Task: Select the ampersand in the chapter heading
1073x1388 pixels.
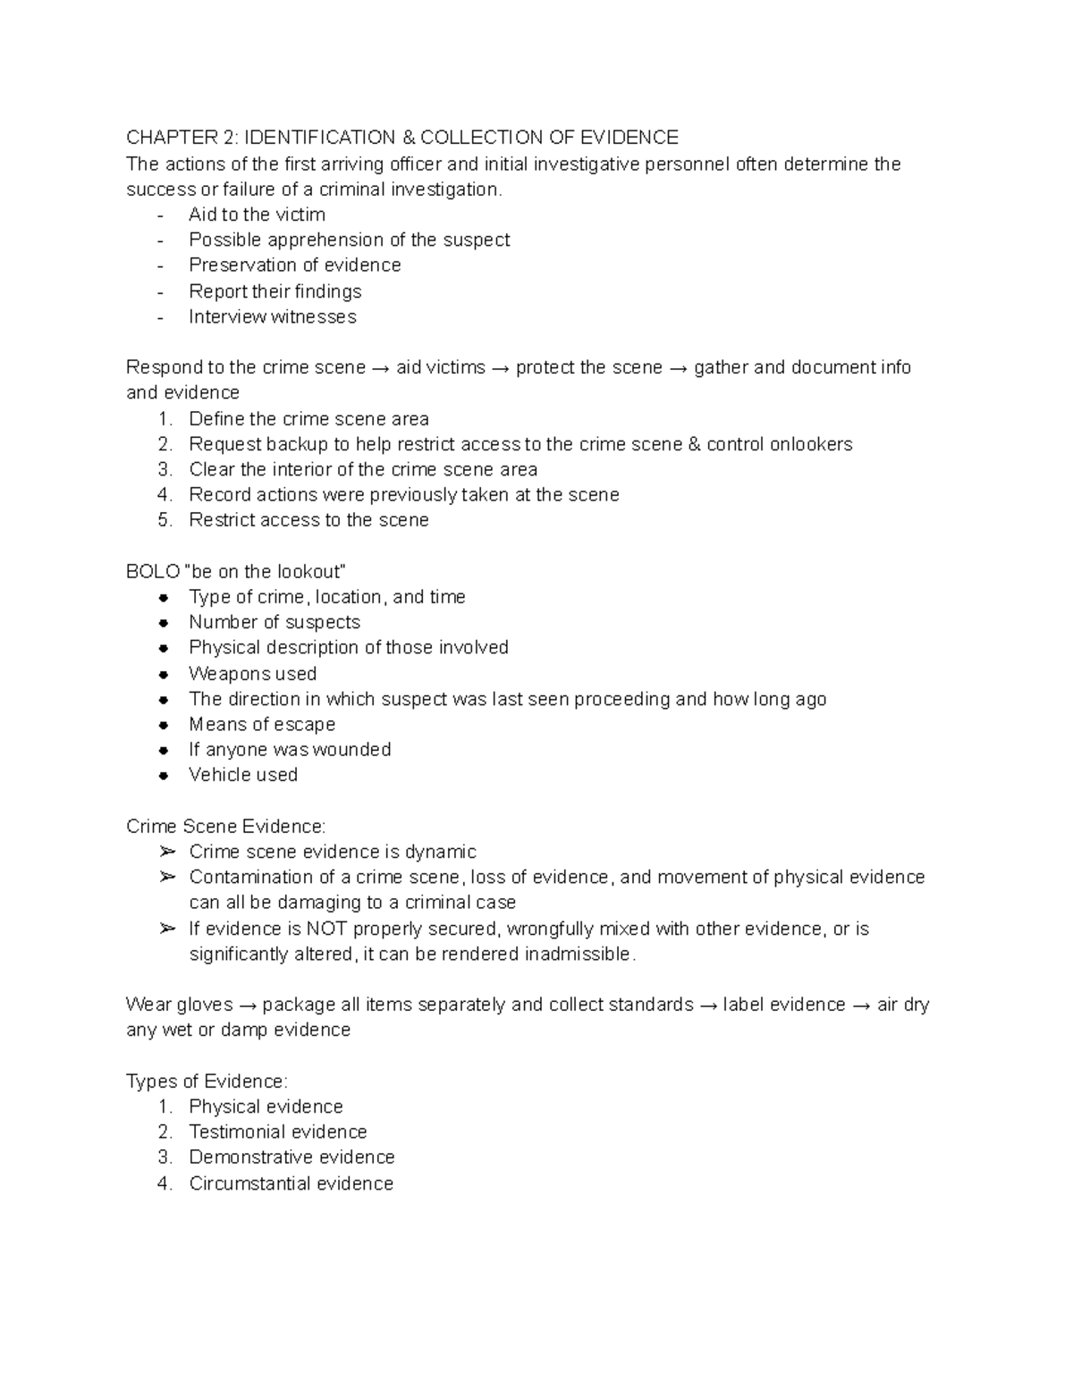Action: click(x=409, y=138)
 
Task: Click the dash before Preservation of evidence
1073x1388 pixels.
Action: click(x=160, y=266)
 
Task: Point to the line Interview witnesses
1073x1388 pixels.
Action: click(x=272, y=317)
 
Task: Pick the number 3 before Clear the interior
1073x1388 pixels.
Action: click(x=164, y=470)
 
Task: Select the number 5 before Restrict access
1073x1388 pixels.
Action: click(x=164, y=520)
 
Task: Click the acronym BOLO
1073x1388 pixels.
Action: click(x=153, y=572)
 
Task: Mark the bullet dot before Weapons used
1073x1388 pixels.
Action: click(x=164, y=675)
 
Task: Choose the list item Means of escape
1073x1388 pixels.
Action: click(x=262, y=725)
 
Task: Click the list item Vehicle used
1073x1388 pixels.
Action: click(x=243, y=775)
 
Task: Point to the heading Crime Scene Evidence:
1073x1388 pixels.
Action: click(x=226, y=827)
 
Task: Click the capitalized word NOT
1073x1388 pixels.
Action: click(x=327, y=930)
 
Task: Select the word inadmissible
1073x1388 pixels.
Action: click(x=580, y=955)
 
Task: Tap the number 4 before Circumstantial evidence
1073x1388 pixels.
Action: click(x=164, y=1184)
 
